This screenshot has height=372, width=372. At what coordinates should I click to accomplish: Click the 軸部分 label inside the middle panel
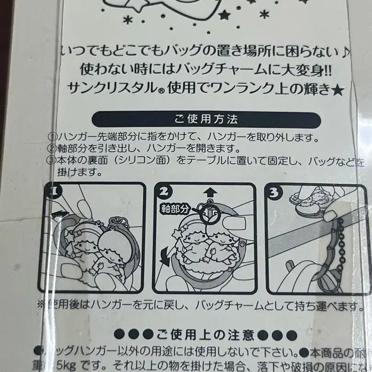coord(175,208)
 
